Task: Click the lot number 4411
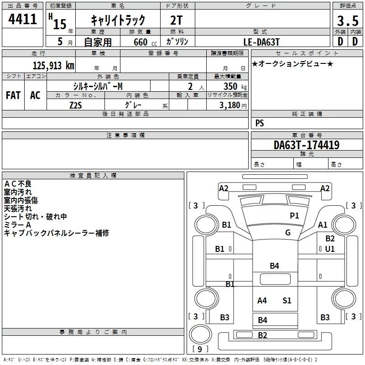point(22,19)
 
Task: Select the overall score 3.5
point(348,21)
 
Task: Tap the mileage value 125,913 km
point(53,66)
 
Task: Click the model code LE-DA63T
point(261,42)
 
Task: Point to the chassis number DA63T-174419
point(307,145)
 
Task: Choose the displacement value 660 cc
point(145,42)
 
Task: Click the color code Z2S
point(76,105)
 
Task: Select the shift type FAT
point(13,95)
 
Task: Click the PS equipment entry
point(260,123)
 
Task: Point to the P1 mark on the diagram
point(294,216)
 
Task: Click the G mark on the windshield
point(288,232)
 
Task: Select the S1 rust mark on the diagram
point(287,301)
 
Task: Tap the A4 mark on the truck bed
point(262,301)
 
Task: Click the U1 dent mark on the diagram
point(330,249)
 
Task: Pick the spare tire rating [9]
point(200,349)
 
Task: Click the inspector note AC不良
point(18,184)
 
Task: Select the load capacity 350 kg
point(235,86)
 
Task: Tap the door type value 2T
point(176,21)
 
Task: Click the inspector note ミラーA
point(17,225)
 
